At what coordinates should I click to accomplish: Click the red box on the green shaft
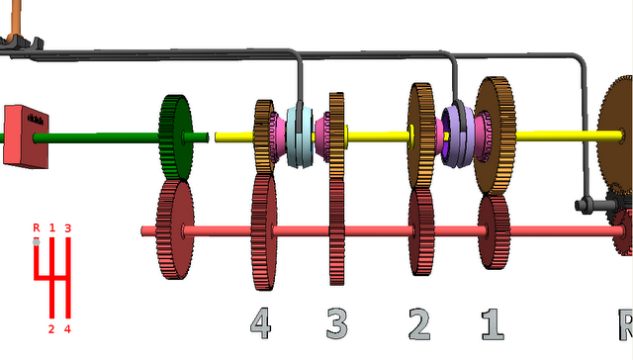tap(26, 136)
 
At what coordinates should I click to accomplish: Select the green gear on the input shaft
tap(175, 137)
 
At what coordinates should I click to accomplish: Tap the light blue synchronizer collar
tap(300, 137)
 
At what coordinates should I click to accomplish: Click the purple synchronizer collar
tap(458, 136)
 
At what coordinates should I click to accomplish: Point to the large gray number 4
tap(260, 322)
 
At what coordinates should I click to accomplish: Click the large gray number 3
tap(336, 323)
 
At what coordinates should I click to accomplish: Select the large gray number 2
tap(419, 323)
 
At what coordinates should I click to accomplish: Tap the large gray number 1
tap(493, 324)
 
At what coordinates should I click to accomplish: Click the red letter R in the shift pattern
tap(37, 228)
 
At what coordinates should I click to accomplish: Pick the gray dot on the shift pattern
tap(37, 242)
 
